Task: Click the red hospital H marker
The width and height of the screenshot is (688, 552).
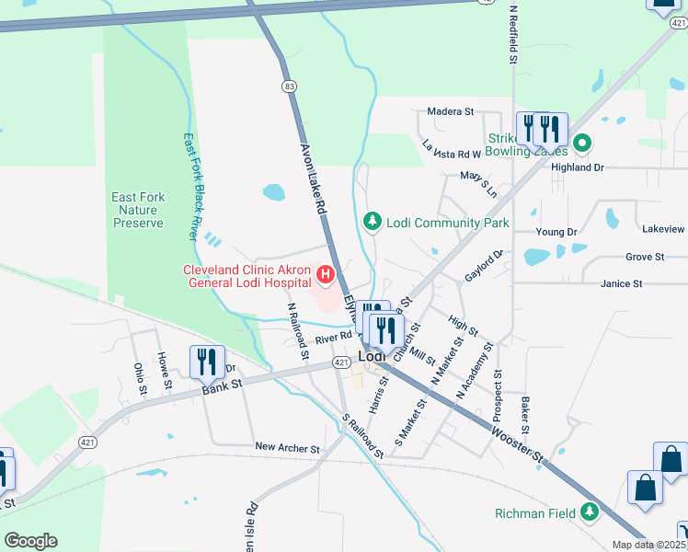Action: tap(325, 273)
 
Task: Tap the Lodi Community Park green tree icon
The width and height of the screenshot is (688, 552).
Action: tap(373, 222)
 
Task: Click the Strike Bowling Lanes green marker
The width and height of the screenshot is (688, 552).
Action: tap(581, 144)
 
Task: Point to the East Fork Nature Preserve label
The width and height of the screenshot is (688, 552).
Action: tap(138, 210)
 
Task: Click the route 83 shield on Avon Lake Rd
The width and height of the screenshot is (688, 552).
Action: tap(290, 86)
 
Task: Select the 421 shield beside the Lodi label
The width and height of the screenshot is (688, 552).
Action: tap(341, 363)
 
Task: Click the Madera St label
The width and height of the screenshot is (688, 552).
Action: tap(450, 112)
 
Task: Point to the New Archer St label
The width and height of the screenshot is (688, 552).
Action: tap(287, 448)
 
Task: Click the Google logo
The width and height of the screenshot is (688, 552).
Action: tap(30, 540)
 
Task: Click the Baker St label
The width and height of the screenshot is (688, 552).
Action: tap(525, 416)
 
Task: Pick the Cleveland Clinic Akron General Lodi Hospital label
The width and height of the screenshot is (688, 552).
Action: tap(248, 276)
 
